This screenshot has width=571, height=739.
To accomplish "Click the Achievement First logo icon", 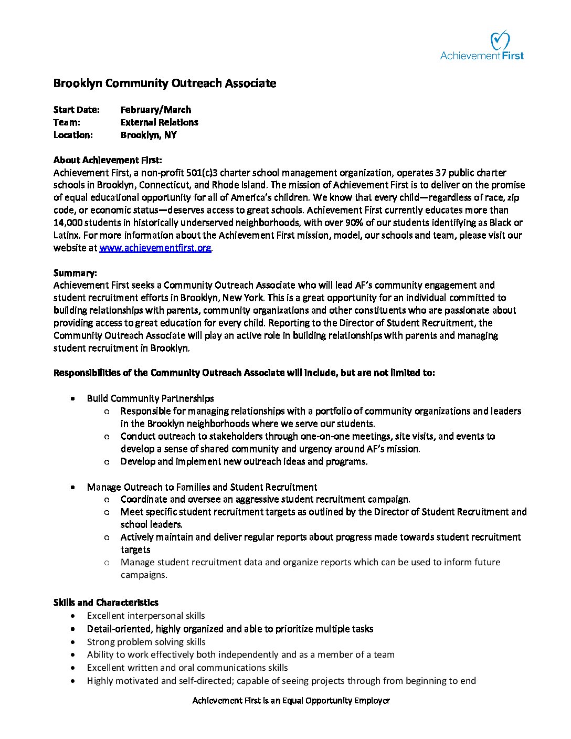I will [500, 40].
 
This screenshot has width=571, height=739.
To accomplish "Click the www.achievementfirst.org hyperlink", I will [155, 248].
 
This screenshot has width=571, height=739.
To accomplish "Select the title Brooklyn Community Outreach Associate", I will [164, 83].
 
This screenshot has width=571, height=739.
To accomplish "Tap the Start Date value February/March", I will [156, 110].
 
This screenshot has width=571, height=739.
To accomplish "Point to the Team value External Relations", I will [159, 122].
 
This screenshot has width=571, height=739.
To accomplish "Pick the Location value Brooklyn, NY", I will [149, 135].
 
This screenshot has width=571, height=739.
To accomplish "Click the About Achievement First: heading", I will [108, 160].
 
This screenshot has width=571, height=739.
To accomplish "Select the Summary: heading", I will [75, 273].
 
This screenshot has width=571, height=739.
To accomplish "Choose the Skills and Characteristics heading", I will [105, 603].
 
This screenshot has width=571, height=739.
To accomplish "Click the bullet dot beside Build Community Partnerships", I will [73, 399].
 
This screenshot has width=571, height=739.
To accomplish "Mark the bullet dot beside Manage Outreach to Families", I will [73, 487].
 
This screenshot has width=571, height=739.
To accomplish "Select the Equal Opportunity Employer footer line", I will [291, 701].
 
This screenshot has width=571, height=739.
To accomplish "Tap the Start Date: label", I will [76, 110].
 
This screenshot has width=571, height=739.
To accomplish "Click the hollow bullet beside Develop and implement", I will [107, 462].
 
